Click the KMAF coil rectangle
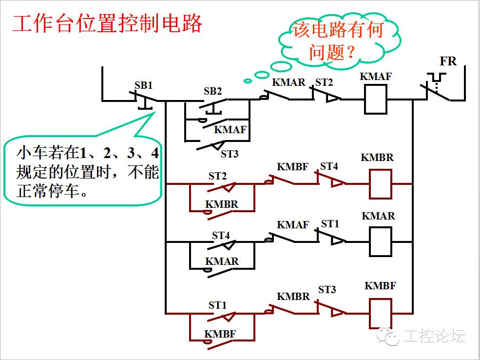pos(376,99)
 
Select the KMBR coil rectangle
pos(380,184)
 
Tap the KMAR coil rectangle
pos(381,241)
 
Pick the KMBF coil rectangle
pos(380,313)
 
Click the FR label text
pos(448,61)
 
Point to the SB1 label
pos(144,85)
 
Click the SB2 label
pos(212,91)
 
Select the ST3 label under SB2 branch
pos(230,154)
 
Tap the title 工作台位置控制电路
pos(107,23)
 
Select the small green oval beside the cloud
pos(248,80)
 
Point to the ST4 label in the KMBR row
pos(329,166)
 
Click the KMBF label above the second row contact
pos(292,167)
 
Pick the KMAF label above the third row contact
pos(292,225)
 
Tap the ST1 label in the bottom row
pos(218,305)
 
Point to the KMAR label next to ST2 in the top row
pos(288,82)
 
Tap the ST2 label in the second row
pos(217,176)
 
